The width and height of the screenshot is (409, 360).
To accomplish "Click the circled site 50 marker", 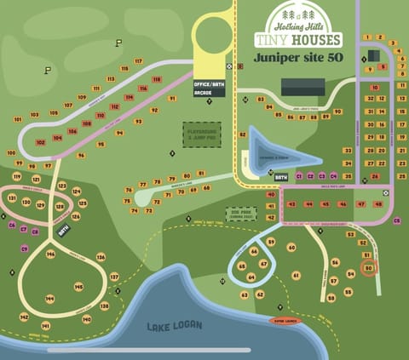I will click(x=368, y=267).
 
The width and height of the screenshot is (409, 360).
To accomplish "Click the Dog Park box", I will click(x=240, y=214).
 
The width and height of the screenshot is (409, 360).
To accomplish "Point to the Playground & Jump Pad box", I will click(x=202, y=134).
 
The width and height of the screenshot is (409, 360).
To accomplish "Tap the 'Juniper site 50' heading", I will click(x=297, y=60).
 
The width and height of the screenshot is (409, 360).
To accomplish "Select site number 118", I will click(x=157, y=79).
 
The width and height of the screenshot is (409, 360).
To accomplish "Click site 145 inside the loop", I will click(x=78, y=287).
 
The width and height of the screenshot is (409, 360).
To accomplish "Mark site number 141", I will click(x=45, y=325).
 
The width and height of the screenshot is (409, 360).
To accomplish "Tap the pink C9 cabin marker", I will click(x=25, y=249).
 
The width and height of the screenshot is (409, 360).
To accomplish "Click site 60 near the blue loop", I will click(x=291, y=248).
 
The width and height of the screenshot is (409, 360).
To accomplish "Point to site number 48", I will click(x=378, y=204).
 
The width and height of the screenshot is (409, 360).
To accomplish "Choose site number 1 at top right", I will click(x=366, y=37).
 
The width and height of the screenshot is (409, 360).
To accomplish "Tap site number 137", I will click(x=114, y=277).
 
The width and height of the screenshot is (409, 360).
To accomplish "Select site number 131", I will click(x=12, y=198).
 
